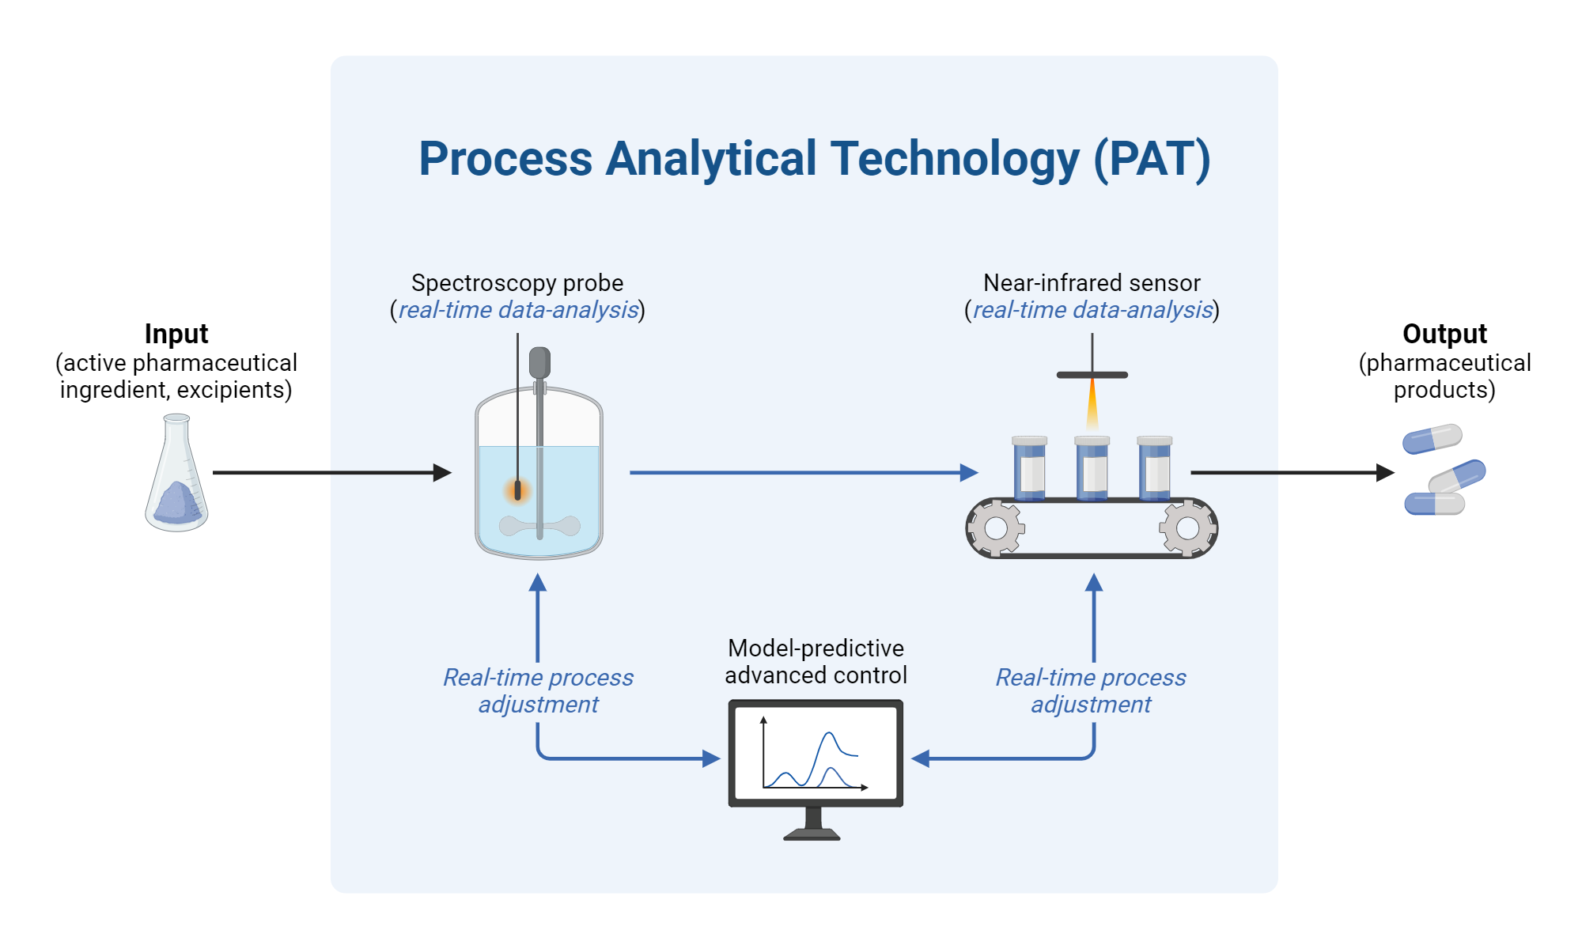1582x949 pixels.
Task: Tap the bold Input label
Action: [176, 334]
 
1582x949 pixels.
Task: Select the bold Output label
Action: [1444, 334]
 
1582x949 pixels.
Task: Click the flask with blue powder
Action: [176, 478]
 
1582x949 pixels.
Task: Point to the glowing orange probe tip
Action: [518, 491]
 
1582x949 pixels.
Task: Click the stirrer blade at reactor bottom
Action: [539, 525]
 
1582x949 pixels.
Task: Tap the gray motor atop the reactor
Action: [539, 362]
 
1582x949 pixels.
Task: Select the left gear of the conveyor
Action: [996, 527]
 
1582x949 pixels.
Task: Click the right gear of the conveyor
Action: [1187, 527]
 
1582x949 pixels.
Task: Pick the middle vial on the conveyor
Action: [1092, 469]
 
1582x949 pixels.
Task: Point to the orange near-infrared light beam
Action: [1092, 405]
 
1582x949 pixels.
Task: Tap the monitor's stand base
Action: [812, 834]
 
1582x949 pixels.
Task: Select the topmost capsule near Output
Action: [1433, 438]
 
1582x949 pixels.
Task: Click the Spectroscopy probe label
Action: [517, 282]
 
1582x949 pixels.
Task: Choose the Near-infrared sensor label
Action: [1092, 282]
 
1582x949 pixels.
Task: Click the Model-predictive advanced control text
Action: [816, 661]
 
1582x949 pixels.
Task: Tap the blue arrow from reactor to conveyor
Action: [799, 473]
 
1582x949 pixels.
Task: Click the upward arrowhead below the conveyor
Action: [1094, 584]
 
